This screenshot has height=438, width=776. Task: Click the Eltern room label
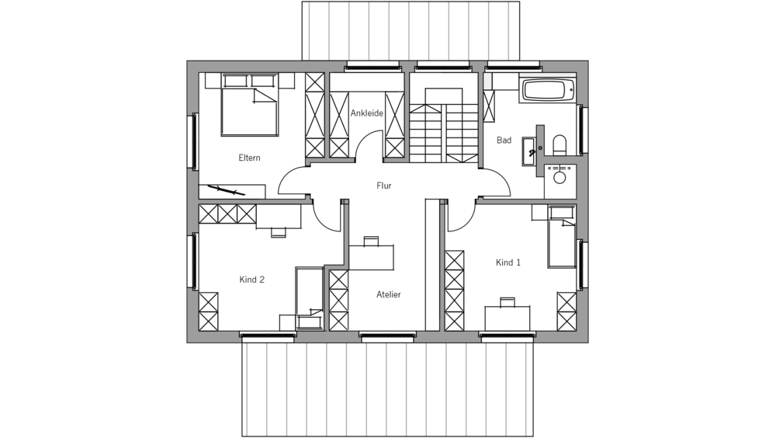pyautogui.click(x=249, y=158)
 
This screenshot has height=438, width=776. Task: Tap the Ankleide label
pyautogui.click(x=366, y=113)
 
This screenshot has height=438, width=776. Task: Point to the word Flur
pyautogui.click(x=383, y=186)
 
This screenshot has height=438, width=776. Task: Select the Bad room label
pyautogui.click(x=504, y=141)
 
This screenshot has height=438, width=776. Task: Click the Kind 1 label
pyautogui.click(x=508, y=262)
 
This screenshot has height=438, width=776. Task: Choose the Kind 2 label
pyautogui.click(x=251, y=280)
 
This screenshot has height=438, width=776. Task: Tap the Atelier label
pyautogui.click(x=388, y=294)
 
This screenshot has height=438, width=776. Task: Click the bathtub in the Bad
pyautogui.click(x=548, y=89)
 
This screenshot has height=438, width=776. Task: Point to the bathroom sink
pyautogui.click(x=530, y=147)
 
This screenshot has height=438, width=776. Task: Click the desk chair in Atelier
pyautogui.click(x=371, y=241)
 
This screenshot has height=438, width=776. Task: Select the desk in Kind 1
pyautogui.click(x=508, y=318)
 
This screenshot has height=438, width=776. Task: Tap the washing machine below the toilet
pyautogui.click(x=559, y=178)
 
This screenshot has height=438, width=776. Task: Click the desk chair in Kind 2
pyautogui.click(x=278, y=231)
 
